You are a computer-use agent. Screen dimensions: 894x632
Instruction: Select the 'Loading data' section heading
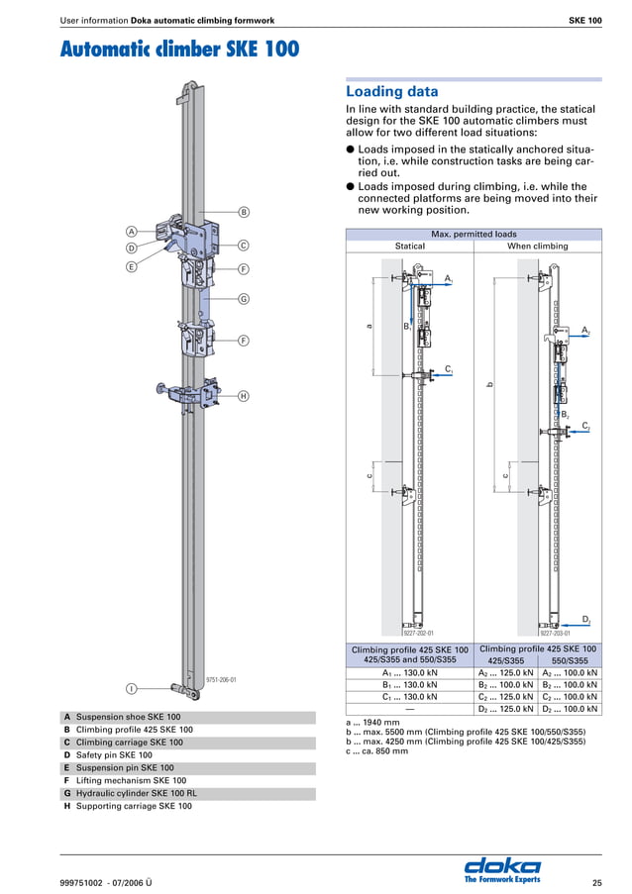pyautogui.click(x=391, y=92)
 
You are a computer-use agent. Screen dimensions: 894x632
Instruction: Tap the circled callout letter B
pyautogui.click(x=243, y=211)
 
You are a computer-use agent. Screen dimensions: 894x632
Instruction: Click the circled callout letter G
pyautogui.click(x=243, y=299)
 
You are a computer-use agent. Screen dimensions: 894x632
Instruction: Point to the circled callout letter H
pyautogui.click(x=243, y=396)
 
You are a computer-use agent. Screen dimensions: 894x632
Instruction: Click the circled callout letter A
pyautogui.click(x=131, y=232)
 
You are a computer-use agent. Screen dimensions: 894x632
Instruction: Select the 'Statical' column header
pyautogui.click(x=409, y=246)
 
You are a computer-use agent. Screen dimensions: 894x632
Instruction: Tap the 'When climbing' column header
pyautogui.click(x=537, y=246)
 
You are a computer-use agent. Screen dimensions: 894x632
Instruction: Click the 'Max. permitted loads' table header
pyautogui.click(x=473, y=235)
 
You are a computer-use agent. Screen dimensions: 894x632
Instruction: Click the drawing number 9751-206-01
pyautogui.click(x=221, y=680)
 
